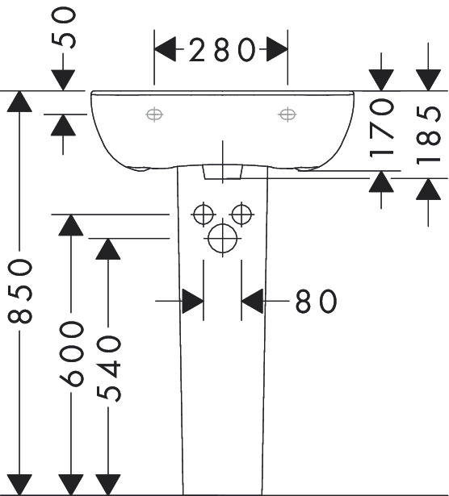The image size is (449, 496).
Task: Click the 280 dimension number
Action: (222, 50)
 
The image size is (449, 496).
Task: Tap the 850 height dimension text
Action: (20, 291)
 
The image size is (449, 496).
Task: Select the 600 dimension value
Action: (72, 354)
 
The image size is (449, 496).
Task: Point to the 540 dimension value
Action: (108, 369)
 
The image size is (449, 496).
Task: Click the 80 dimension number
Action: (316, 301)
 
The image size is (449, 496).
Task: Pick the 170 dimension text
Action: (381, 127)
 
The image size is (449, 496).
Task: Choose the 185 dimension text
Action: (429, 135)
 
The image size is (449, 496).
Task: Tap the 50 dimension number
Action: (64, 28)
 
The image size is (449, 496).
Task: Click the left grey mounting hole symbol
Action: (154, 115)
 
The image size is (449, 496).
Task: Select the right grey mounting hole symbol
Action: (287, 115)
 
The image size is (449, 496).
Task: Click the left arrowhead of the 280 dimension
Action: (165, 49)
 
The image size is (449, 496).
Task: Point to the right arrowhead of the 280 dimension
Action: (277, 49)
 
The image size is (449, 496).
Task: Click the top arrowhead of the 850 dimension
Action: (19, 102)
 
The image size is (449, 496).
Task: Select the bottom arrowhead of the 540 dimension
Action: (108, 485)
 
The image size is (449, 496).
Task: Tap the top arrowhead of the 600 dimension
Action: (71, 225)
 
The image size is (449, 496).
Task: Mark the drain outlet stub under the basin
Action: (223, 172)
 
